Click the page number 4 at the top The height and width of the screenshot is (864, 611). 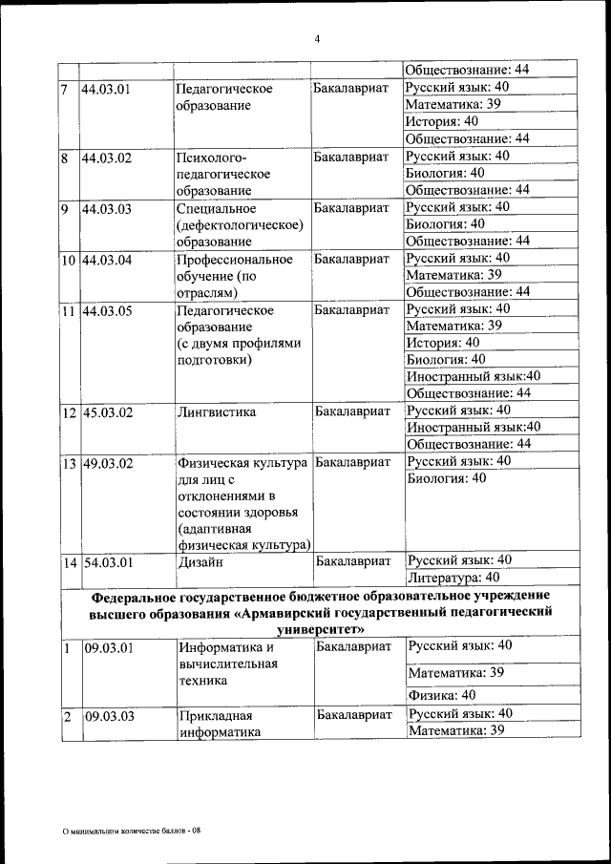pyautogui.click(x=318, y=38)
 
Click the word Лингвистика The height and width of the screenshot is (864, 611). pyautogui.click(x=217, y=412)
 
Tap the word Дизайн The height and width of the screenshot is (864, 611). pyautogui.click(x=200, y=562)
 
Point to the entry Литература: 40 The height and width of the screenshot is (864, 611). pyautogui.click(x=453, y=577)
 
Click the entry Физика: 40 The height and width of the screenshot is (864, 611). pyautogui.click(x=442, y=694)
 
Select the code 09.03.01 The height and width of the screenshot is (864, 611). pyautogui.click(x=108, y=648)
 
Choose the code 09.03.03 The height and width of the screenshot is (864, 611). pyautogui.click(x=108, y=715)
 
